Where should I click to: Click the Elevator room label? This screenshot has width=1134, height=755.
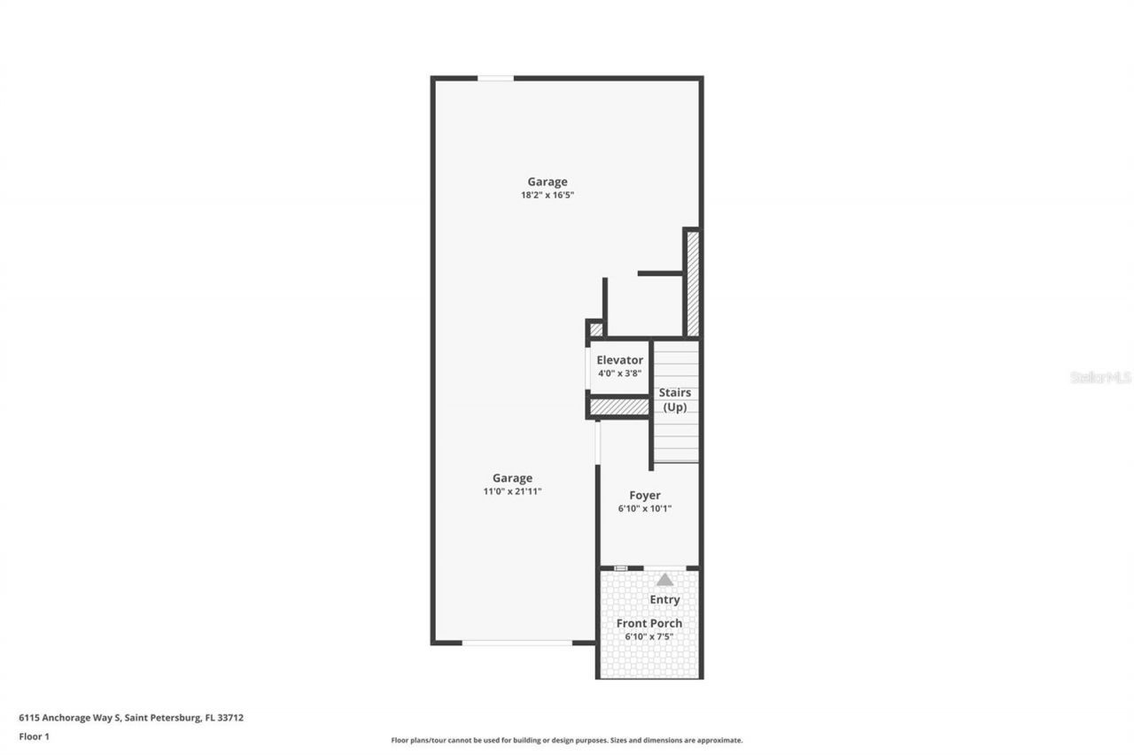click(x=619, y=360)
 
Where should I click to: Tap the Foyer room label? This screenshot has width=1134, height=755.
click(x=645, y=496)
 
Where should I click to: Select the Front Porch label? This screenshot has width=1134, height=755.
click(x=649, y=623)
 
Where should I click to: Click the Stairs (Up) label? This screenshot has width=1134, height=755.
click(x=675, y=400)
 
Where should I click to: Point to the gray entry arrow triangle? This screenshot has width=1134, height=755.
click(x=664, y=580)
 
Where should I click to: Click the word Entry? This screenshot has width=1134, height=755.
click(x=664, y=600)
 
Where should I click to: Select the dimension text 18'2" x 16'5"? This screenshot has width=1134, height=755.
click(x=548, y=195)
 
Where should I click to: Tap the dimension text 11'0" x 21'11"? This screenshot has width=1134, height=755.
click(x=512, y=490)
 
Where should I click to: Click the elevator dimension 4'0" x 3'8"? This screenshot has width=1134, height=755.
click(x=619, y=374)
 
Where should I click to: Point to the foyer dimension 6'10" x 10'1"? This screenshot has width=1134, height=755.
click(x=645, y=509)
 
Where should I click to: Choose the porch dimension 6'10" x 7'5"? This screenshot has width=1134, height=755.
click(x=649, y=636)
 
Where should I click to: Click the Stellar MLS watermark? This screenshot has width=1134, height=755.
click(x=1101, y=377)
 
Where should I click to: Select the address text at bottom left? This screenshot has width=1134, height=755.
click(x=131, y=718)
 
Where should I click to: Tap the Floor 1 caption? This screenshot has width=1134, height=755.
click(x=34, y=736)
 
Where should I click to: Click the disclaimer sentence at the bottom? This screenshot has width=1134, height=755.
click(x=567, y=740)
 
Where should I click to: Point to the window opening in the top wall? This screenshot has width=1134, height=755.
click(x=495, y=79)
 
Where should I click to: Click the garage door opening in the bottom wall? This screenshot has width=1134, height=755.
click(x=517, y=643)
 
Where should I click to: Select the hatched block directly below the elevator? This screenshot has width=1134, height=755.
click(x=619, y=407)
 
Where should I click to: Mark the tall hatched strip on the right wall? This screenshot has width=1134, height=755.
click(x=693, y=283)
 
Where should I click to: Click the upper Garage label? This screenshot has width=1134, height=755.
click(x=548, y=182)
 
